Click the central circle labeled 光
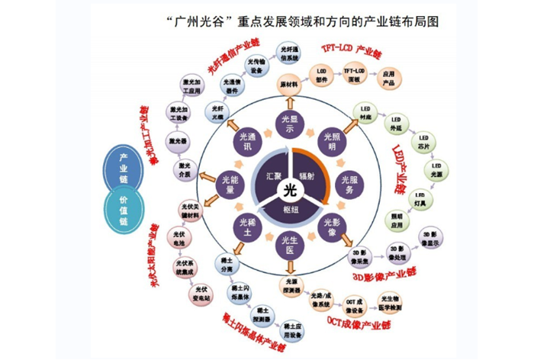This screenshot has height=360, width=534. tap(288, 188)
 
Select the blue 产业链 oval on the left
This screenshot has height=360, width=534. tap(124, 167)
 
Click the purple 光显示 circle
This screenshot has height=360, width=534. tap(288, 125)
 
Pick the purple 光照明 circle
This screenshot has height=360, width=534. tap(333, 141)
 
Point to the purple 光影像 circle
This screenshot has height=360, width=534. tap(333, 227)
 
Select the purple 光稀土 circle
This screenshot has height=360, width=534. tap(243, 227)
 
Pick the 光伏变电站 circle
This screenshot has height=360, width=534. tap(201, 291)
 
